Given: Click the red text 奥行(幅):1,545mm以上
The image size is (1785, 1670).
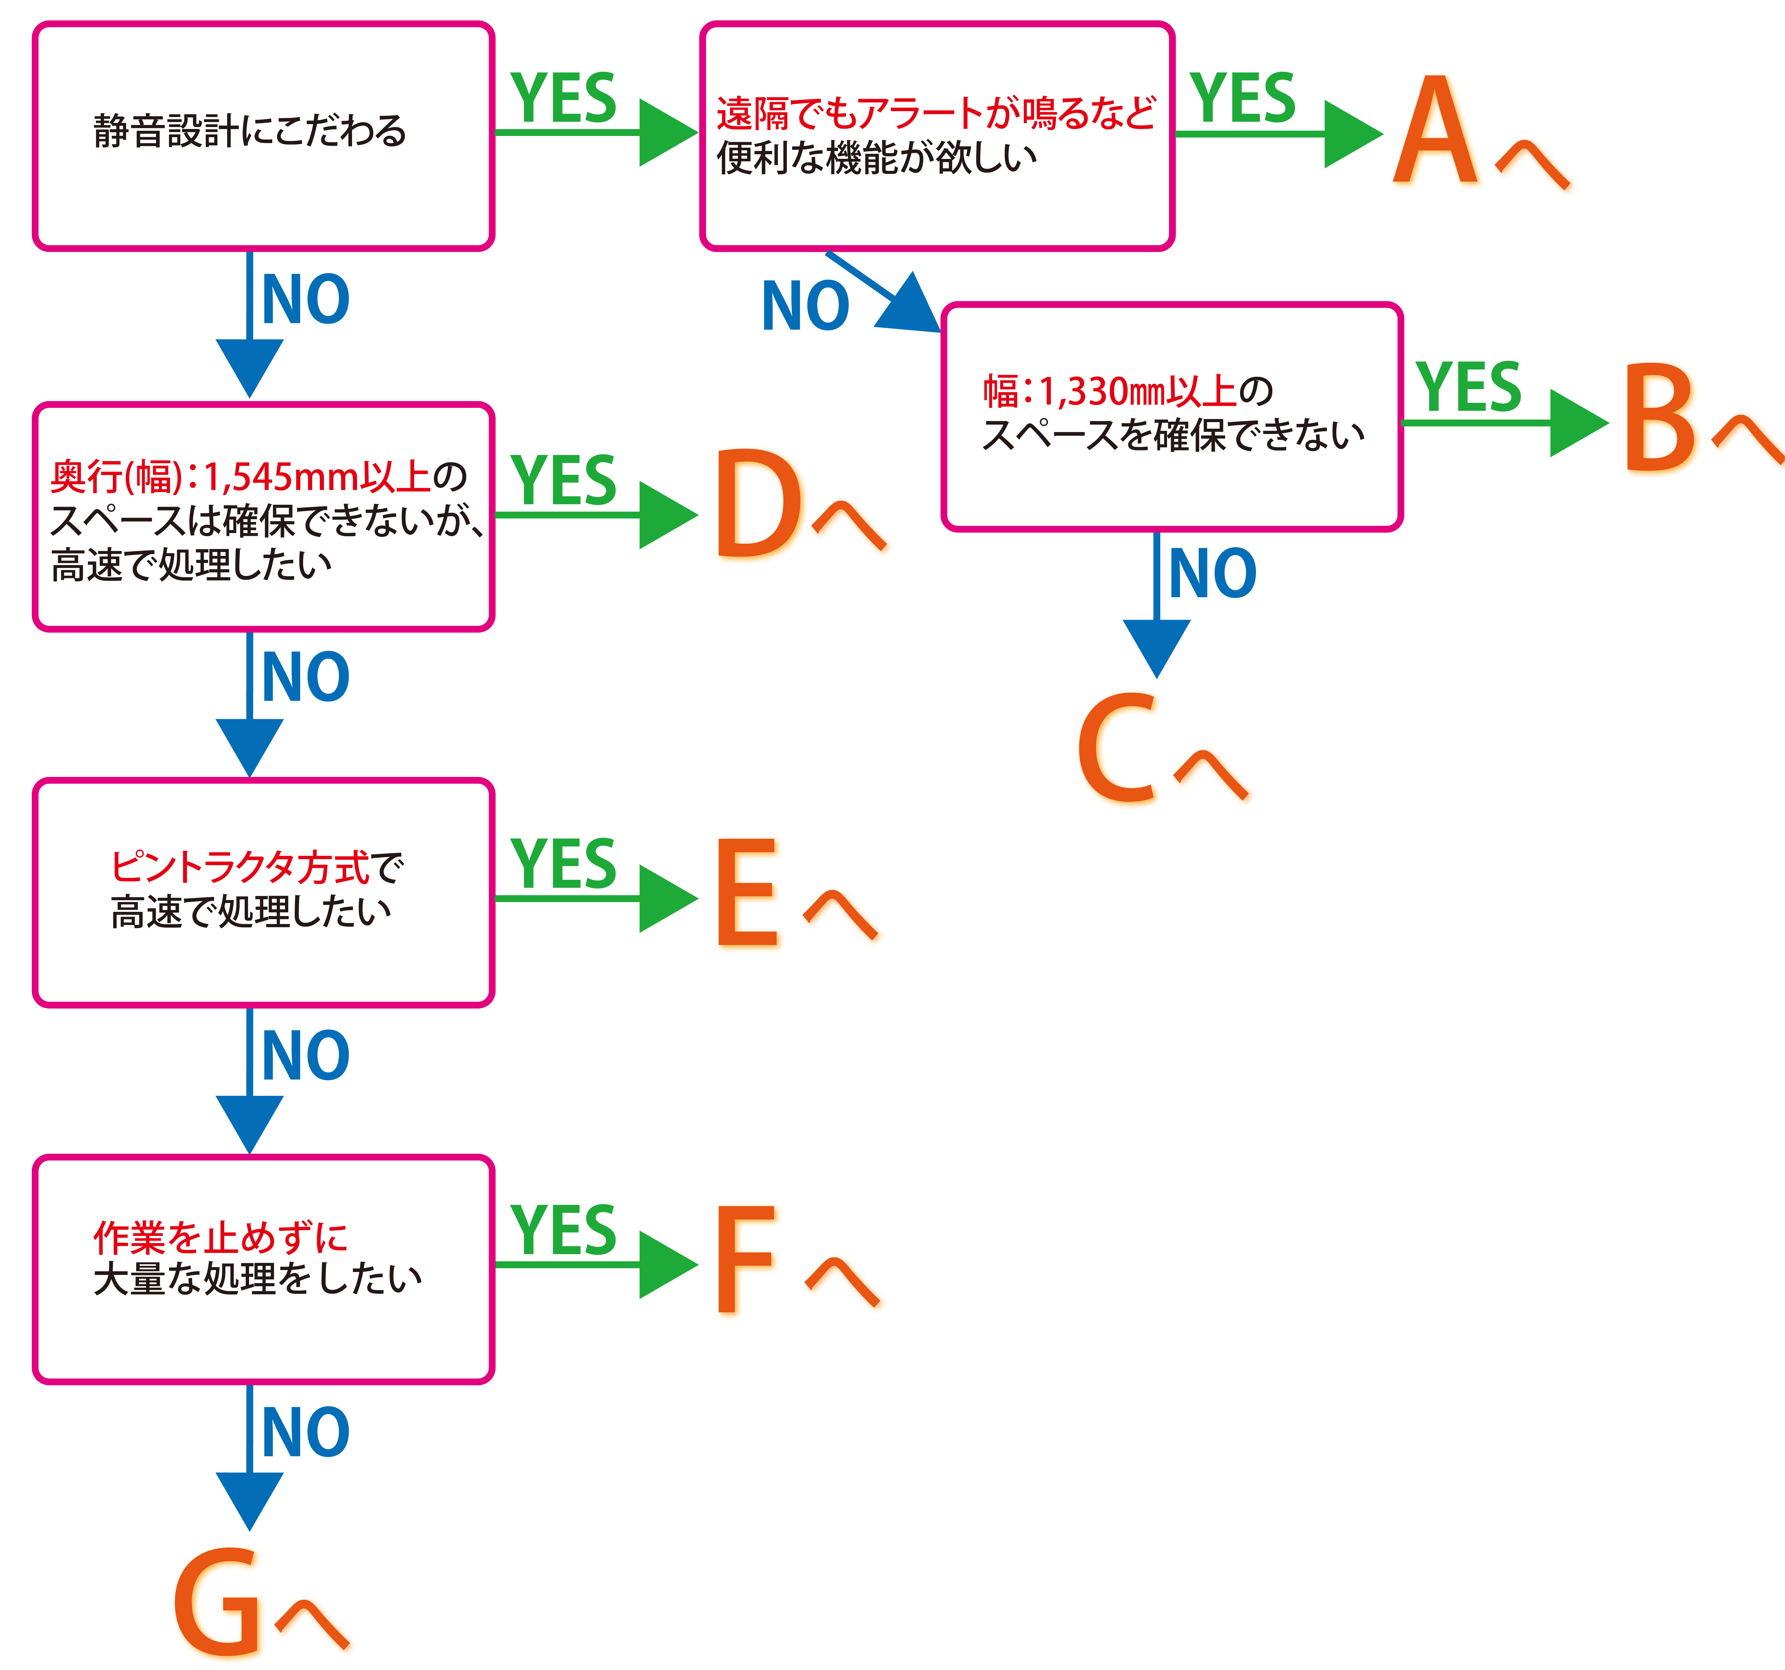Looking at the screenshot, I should click(241, 477).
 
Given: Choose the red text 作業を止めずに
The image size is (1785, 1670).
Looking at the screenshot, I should click(220, 1238).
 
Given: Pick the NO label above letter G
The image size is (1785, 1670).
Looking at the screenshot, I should click(305, 1432).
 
